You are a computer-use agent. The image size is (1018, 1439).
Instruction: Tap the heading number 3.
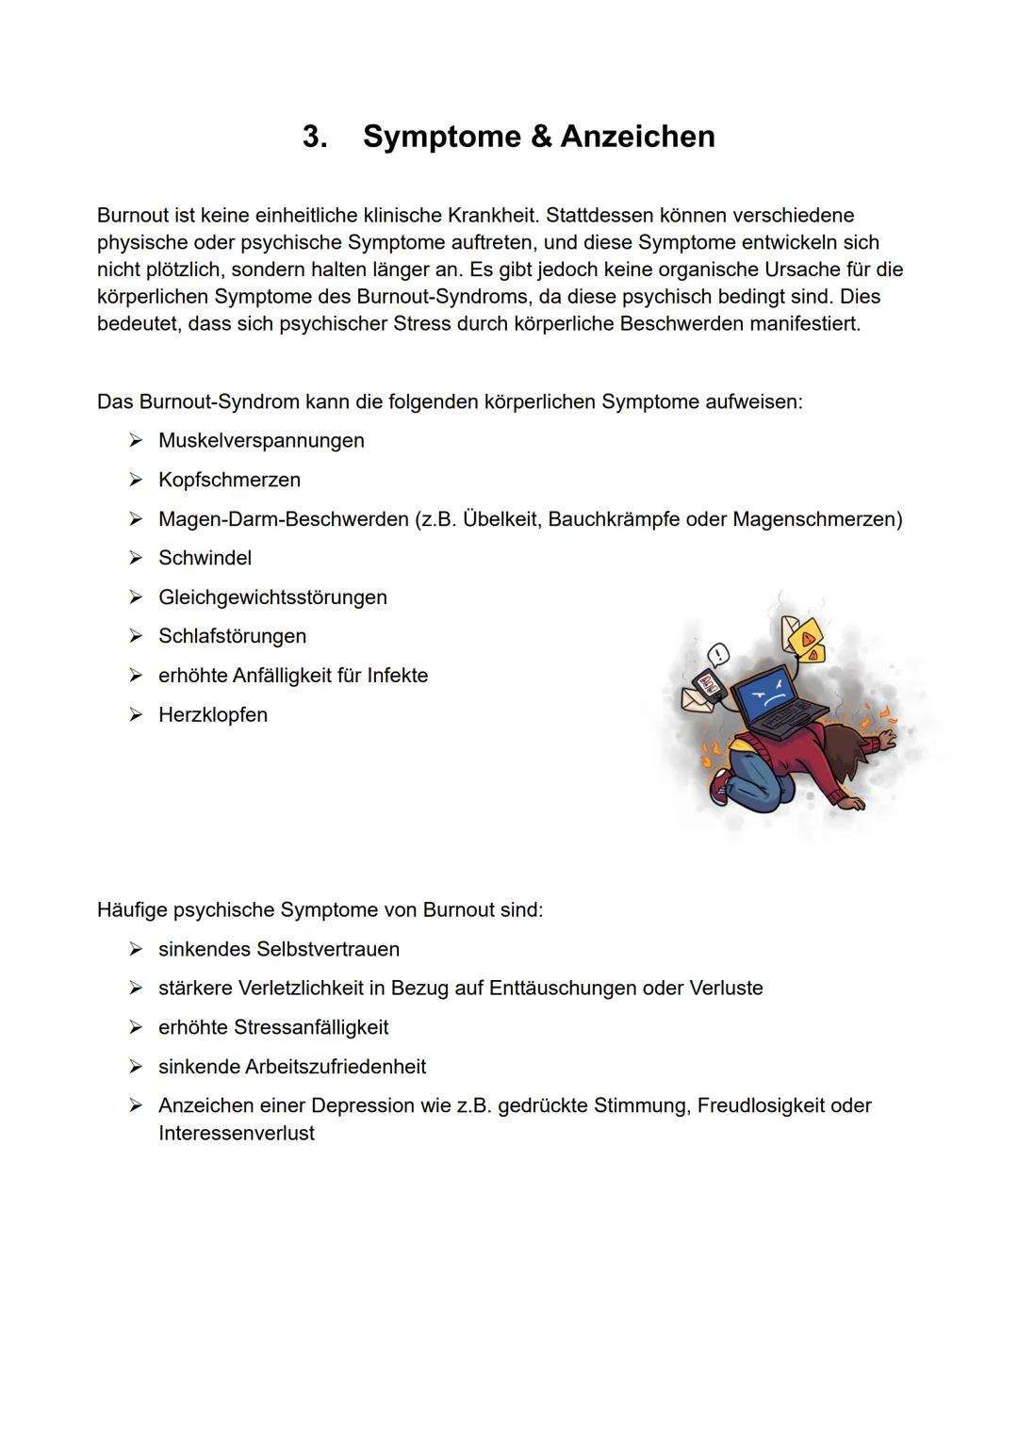(x=315, y=137)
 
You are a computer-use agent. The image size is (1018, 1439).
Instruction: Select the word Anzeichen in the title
(x=637, y=137)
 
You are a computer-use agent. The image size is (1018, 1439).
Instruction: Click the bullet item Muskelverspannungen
(x=261, y=441)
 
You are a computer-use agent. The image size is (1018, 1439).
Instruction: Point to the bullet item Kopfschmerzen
(x=229, y=481)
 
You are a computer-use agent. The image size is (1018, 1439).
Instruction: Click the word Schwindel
(x=205, y=559)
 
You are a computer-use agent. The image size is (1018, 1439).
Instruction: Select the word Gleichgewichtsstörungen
(x=272, y=597)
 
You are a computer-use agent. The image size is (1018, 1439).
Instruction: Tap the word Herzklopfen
(x=213, y=715)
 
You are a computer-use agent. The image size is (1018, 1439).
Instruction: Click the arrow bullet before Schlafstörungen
(x=136, y=637)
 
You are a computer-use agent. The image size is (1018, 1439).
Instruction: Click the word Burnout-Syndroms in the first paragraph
(x=442, y=297)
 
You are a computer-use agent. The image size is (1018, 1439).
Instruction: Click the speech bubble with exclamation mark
(x=718, y=654)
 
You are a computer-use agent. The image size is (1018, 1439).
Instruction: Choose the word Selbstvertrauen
(x=327, y=950)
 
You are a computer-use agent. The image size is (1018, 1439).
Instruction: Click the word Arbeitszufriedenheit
(x=335, y=1067)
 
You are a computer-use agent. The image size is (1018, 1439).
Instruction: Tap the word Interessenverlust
(x=237, y=1134)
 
